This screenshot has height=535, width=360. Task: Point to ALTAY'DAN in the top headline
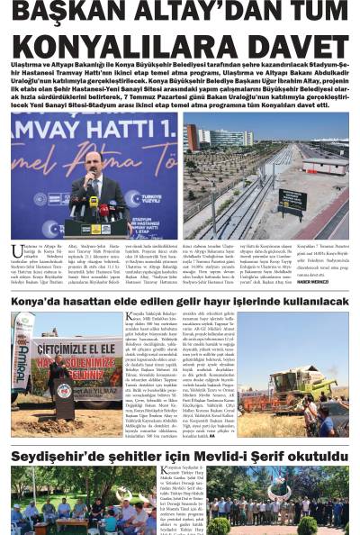(x=193, y=14)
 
